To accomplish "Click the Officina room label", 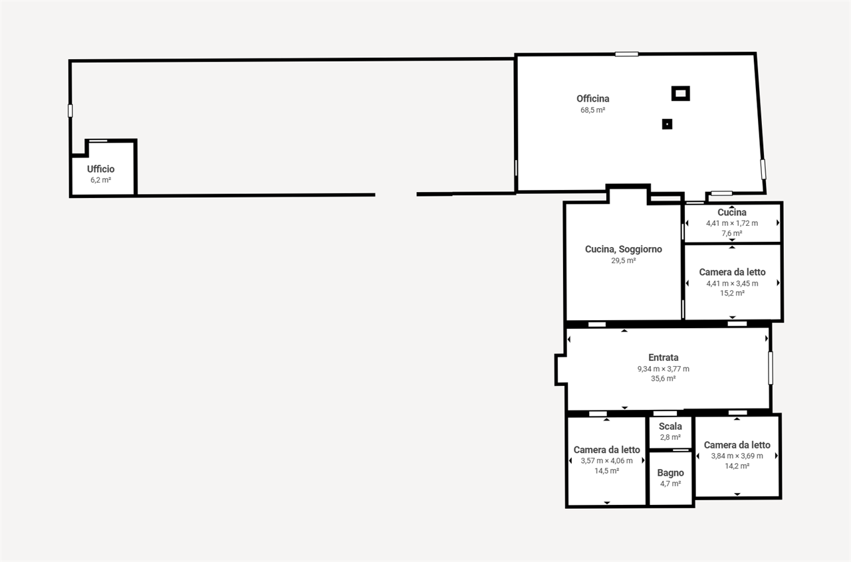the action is (592, 99).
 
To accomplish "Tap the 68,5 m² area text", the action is (592, 110).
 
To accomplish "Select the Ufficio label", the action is (100, 169).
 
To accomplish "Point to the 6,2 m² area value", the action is (100, 180).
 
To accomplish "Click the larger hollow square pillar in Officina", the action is (680, 94).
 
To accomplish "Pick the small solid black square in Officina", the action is (667, 124).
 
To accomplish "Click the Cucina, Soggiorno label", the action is (624, 249).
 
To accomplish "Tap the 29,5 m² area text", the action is (624, 260).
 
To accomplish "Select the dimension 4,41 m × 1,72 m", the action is (732, 223).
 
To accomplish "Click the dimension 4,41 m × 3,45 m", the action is (733, 284).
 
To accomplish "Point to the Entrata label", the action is (664, 357).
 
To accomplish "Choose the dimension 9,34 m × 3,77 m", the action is (664, 369).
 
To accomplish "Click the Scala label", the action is (670, 426).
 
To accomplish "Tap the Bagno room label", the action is (671, 473).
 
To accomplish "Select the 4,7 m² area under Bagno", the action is (671, 484).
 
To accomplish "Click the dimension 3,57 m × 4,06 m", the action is (607, 461).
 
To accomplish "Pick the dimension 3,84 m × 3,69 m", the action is (737, 456).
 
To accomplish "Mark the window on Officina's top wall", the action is (627, 54).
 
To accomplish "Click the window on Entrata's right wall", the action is (771, 368).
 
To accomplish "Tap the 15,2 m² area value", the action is (733, 293).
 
